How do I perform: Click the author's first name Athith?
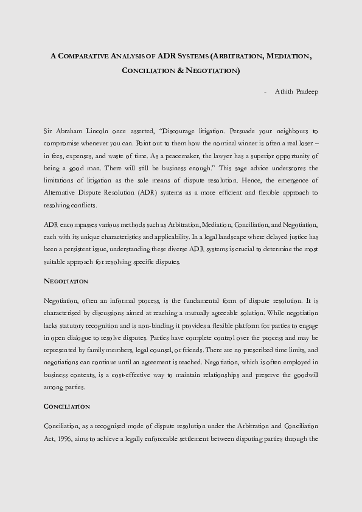click(x=284, y=92)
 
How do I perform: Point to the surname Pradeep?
click(x=307, y=92)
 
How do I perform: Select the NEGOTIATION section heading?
click(x=66, y=282)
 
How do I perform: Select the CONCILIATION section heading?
click(x=67, y=406)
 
